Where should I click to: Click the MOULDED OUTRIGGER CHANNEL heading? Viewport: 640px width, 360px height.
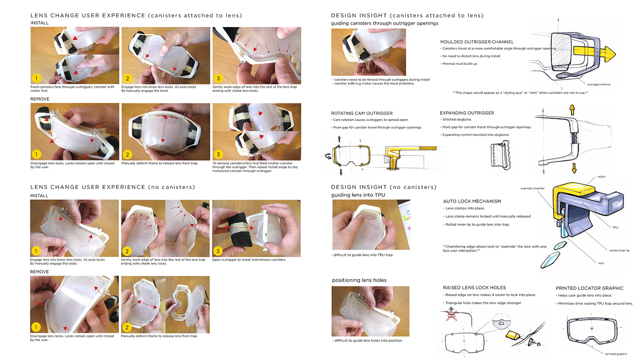[x=477, y=42]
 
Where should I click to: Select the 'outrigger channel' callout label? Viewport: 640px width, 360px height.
[x=598, y=84]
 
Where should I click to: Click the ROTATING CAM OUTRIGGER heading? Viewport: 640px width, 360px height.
[x=362, y=113]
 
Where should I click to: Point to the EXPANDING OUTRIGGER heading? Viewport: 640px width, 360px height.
[x=467, y=113]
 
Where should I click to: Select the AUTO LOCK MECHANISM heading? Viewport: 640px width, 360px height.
[x=472, y=201]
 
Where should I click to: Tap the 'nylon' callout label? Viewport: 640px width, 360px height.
[x=601, y=177]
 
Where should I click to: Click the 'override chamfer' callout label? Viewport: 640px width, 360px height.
[x=532, y=188]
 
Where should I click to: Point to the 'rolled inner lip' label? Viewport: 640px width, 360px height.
[x=619, y=250]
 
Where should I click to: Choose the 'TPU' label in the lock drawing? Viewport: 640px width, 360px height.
[x=615, y=227]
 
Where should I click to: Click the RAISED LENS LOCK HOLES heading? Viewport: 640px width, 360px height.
[x=474, y=288]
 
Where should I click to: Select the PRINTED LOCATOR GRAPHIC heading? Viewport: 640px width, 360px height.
[x=589, y=288]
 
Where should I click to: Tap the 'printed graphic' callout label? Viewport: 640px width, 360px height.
[x=616, y=354]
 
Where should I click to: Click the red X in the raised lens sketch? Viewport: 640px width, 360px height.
[x=452, y=316]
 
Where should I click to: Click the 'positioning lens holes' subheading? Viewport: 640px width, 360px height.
[x=359, y=280]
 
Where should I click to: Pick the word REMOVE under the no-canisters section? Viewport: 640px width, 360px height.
[x=39, y=272]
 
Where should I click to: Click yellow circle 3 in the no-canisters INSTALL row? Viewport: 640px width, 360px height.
[x=218, y=251]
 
